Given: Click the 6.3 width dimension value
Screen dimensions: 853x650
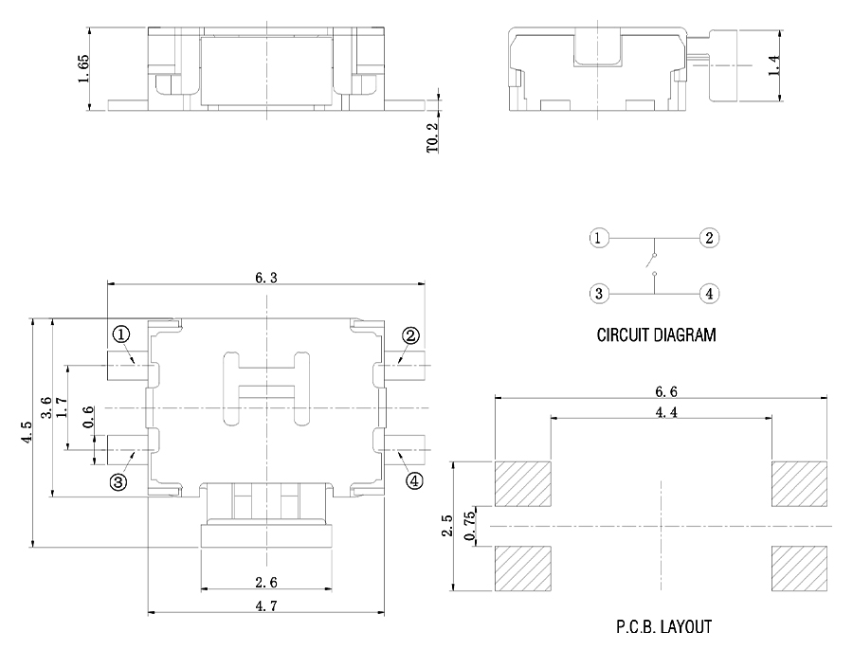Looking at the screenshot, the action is (x=266, y=278).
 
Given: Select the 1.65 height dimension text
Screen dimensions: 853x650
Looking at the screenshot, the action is (x=83, y=68).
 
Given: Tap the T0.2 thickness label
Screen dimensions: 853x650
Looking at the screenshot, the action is (x=432, y=137).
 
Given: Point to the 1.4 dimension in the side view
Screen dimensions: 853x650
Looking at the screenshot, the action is (x=773, y=64).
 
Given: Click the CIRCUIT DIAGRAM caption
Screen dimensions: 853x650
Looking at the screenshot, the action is (x=656, y=334).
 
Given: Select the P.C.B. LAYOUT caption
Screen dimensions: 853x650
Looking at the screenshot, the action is (x=663, y=626).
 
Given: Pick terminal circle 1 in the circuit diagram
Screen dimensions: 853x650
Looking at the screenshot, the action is (x=598, y=238).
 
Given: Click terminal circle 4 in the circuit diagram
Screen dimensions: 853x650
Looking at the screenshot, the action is (x=709, y=294).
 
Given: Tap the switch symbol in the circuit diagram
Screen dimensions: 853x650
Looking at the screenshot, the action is (x=651, y=263).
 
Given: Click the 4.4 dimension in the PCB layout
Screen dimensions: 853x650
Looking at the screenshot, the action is (x=666, y=412).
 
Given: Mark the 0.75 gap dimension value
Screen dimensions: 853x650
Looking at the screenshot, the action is (x=470, y=526).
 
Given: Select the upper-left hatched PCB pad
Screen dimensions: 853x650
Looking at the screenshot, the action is (x=523, y=483).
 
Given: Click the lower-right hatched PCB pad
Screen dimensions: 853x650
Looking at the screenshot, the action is (x=799, y=569).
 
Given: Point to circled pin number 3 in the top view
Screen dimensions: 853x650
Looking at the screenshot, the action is (x=118, y=480).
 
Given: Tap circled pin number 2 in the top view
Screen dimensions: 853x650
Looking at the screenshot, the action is (x=410, y=335).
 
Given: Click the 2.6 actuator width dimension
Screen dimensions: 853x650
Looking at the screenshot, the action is (x=266, y=583).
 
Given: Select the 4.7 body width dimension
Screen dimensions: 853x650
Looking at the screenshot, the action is (x=266, y=605).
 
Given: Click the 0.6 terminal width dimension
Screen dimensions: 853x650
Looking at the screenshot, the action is (x=87, y=417).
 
